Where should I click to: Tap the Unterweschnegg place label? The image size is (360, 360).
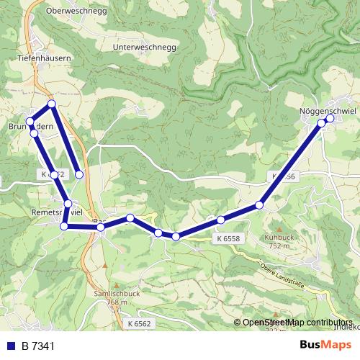[144, 48]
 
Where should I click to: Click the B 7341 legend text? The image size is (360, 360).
[37, 346]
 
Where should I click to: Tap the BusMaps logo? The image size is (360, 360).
[325, 345]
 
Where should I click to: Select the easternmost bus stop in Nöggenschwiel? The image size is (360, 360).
[330, 120]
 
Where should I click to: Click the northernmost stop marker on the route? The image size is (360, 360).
[52, 104]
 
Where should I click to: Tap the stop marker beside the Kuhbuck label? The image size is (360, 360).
[259, 205]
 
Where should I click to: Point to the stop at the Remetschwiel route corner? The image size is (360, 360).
[64, 226]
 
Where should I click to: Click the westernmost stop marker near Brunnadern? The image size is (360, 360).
[30, 121]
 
